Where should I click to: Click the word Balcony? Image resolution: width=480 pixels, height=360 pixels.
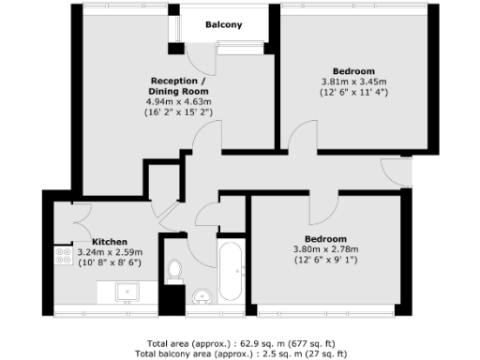point(225,25)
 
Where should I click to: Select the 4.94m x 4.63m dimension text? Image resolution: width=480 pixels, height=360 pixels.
point(177,101)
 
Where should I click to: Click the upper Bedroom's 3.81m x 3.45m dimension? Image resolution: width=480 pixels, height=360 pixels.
point(354,82)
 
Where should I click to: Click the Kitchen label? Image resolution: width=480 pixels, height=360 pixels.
point(110,241)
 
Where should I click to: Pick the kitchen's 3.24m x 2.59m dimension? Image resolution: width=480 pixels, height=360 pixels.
point(110,252)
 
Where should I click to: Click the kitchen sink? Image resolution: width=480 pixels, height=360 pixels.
point(126,292)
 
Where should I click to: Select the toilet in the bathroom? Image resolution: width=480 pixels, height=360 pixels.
point(173,270)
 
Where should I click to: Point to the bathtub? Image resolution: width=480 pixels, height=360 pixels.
point(231,272)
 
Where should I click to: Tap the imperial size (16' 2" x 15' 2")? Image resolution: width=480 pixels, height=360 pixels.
point(177,112)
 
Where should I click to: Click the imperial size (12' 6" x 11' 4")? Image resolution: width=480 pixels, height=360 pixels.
point(354,93)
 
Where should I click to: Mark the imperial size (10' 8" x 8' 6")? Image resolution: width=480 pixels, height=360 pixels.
point(110,263)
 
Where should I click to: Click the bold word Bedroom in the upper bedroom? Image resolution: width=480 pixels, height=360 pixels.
point(354,71)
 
